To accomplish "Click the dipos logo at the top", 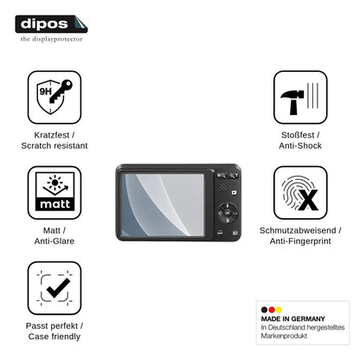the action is click(x=51, y=24).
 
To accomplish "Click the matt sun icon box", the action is click(x=55, y=192).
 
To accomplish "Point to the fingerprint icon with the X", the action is click(x=300, y=192).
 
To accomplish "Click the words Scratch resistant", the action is click(x=55, y=145).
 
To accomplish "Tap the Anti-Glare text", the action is click(x=55, y=241).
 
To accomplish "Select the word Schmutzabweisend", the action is click(x=298, y=230).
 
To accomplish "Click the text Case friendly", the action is click(x=55, y=337).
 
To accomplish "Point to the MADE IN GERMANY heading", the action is click(x=293, y=318).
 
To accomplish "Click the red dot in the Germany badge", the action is click(x=272, y=310).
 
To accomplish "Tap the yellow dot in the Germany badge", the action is click(x=279, y=310).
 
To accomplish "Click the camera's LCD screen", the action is click(x=163, y=205).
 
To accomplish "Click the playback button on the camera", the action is click(x=234, y=192).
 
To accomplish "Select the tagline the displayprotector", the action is click(x=51, y=39).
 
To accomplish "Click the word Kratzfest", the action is click(x=52, y=135).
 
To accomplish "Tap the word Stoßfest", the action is click(x=298, y=135).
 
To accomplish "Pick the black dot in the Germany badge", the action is click(x=264, y=310).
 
